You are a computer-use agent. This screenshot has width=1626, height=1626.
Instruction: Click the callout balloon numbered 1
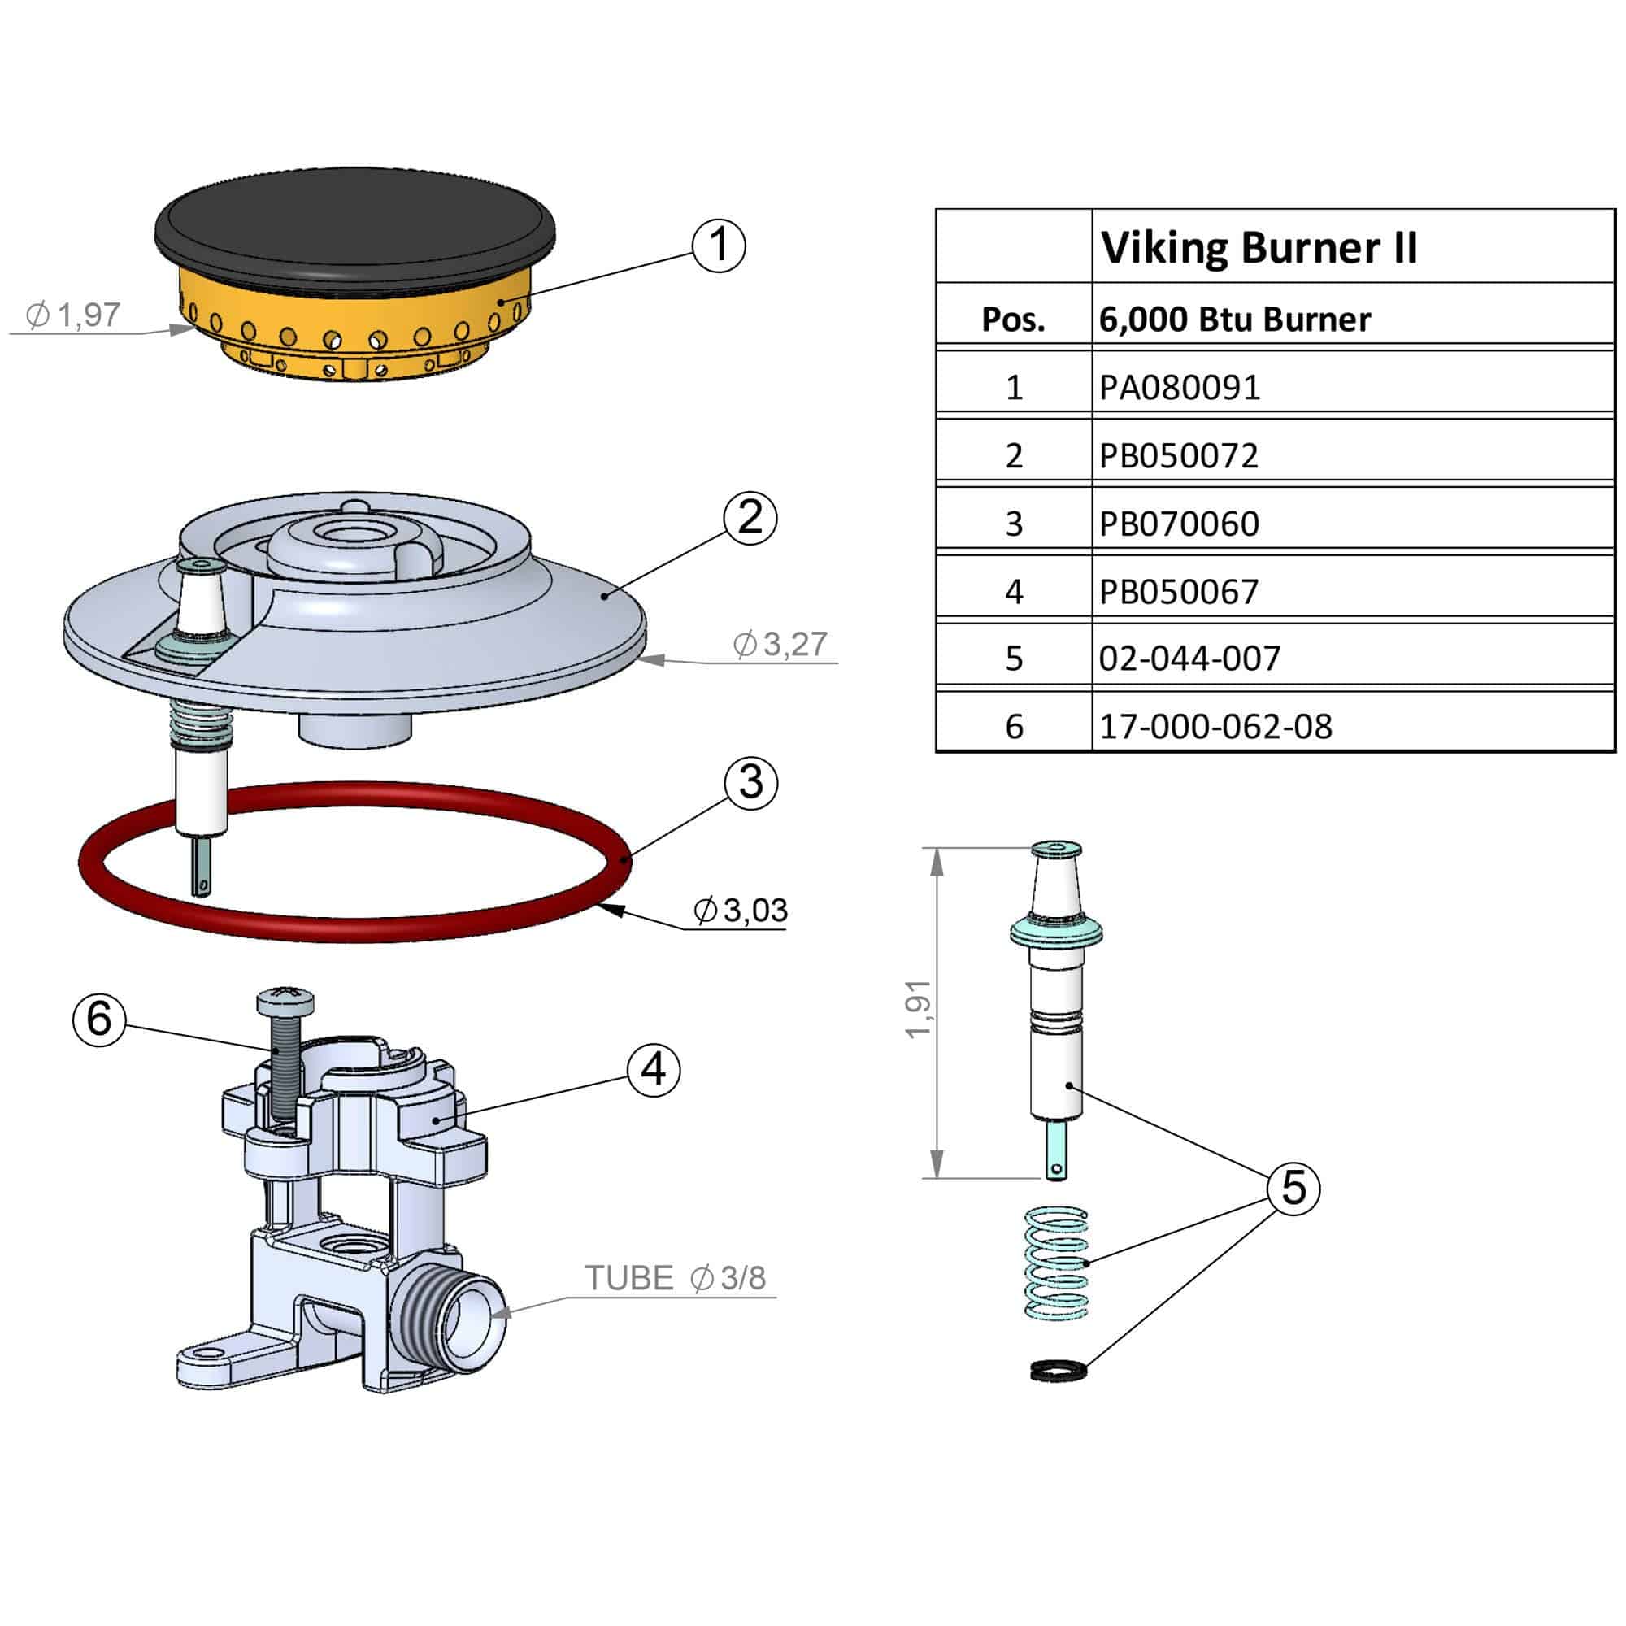[x=718, y=246]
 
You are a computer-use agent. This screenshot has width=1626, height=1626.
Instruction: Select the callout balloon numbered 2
[x=750, y=518]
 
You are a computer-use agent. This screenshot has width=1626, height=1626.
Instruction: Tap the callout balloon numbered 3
[x=750, y=782]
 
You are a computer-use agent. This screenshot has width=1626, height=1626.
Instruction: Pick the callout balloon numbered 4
[x=653, y=1070]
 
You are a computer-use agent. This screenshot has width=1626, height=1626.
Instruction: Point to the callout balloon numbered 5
[x=1293, y=1188]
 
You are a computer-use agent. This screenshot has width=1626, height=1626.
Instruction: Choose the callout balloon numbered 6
[x=99, y=1020]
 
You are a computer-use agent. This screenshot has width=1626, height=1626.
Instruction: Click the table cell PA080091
[x=1180, y=388]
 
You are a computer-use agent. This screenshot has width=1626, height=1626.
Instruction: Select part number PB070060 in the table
[x=1179, y=524]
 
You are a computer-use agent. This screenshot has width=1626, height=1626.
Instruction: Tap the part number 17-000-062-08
[x=1215, y=727]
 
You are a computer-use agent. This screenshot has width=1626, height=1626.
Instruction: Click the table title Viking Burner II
[x=1259, y=247]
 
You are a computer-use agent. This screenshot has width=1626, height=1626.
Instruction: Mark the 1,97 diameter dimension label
[x=74, y=315]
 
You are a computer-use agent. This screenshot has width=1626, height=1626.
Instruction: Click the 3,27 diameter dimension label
[x=781, y=644]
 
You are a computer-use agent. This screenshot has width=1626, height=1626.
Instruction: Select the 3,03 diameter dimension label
[x=741, y=910]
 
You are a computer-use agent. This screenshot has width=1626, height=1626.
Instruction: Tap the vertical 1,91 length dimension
[x=919, y=1010]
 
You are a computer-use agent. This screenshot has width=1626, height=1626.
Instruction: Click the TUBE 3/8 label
[x=676, y=1277]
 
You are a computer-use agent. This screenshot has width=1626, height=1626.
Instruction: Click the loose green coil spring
[x=1056, y=1264]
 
